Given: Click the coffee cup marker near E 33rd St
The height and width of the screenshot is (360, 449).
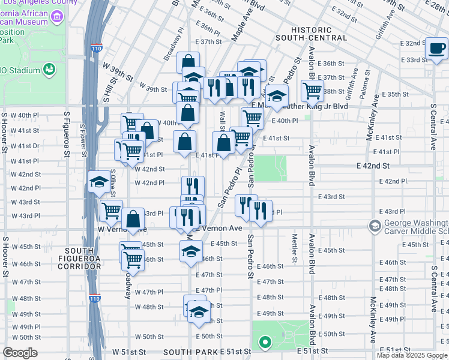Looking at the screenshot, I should pos(436,48).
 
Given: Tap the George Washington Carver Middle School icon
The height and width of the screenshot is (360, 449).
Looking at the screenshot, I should pos(375,226).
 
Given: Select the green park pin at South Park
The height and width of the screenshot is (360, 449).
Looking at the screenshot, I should pos(264,343).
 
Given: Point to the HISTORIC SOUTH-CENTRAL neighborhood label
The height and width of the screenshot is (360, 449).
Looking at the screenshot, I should pos(319,34).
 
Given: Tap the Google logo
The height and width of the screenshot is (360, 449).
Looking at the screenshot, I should pos(20,353).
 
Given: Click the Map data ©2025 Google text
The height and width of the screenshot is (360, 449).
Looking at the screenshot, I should pos(411,355).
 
